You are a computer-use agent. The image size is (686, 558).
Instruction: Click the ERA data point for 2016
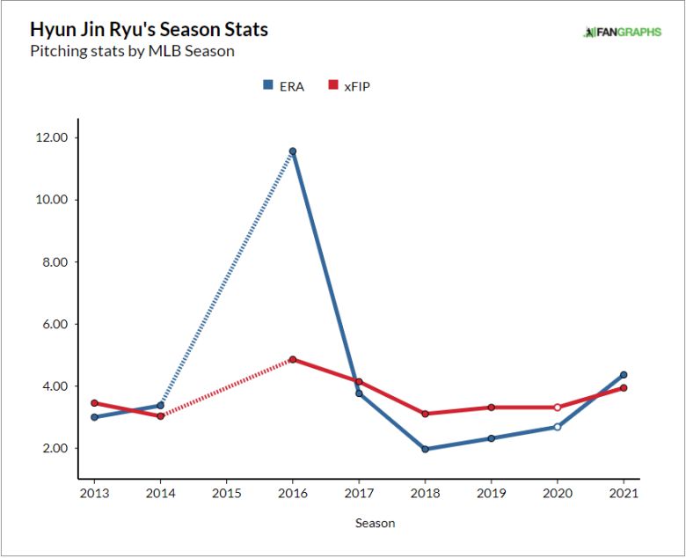click(x=293, y=151)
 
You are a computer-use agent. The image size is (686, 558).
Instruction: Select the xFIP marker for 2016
click(x=293, y=359)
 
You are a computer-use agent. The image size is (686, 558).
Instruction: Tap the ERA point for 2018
click(x=425, y=449)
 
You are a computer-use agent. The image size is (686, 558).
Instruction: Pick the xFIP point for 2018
click(x=425, y=414)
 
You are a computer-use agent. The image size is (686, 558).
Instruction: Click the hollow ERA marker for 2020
click(x=557, y=427)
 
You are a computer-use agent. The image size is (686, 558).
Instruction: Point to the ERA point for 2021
click(x=624, y=375)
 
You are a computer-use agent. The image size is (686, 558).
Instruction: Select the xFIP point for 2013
click(x=94, y=403)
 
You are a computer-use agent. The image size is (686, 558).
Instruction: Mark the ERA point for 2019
click(x=491, y=438)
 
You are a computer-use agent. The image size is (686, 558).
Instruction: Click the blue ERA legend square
click(x=267, y=85)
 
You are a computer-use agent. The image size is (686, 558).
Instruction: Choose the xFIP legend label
click(x=357, y=86)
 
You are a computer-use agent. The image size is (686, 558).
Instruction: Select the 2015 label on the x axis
click(x=226, y=493)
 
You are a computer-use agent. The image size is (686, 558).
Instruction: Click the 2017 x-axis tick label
click(x=359, y=493)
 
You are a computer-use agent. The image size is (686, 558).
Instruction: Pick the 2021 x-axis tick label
click(x=624, y=493)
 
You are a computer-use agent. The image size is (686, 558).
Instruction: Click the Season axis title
click(x=375, y=523)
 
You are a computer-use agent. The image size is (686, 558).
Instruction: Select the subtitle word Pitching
click(x=57, y=51)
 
